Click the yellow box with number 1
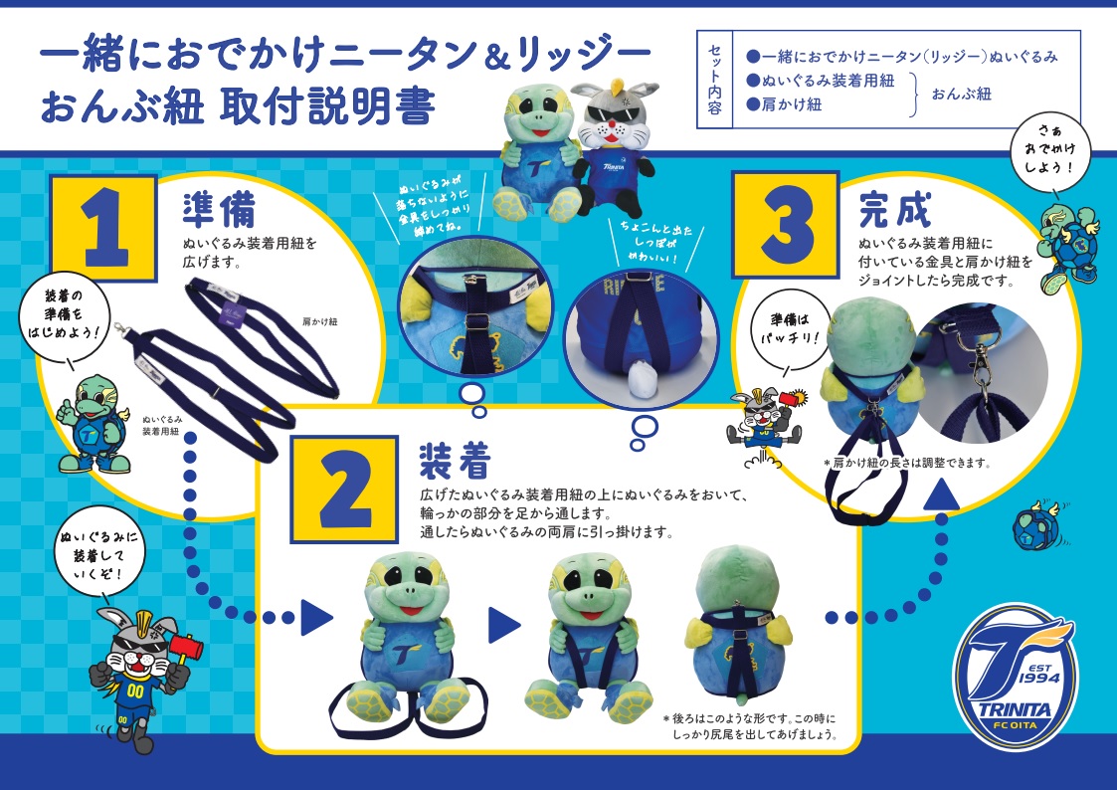pos(103,228)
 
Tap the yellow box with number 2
pos(344,489)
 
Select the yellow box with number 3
pos(786,225)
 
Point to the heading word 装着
pos(456,461)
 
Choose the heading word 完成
pos(895,209)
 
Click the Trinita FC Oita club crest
pos(1016,676)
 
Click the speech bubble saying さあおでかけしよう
pos(1050,150)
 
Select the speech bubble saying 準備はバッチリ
pos(790,329)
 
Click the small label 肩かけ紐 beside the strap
pos(320,322)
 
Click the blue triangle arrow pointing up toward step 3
pos(943,494)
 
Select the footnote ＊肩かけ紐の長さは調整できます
pos(907,463)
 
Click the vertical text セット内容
pos(715,80)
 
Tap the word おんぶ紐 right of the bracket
pos(962,95)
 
